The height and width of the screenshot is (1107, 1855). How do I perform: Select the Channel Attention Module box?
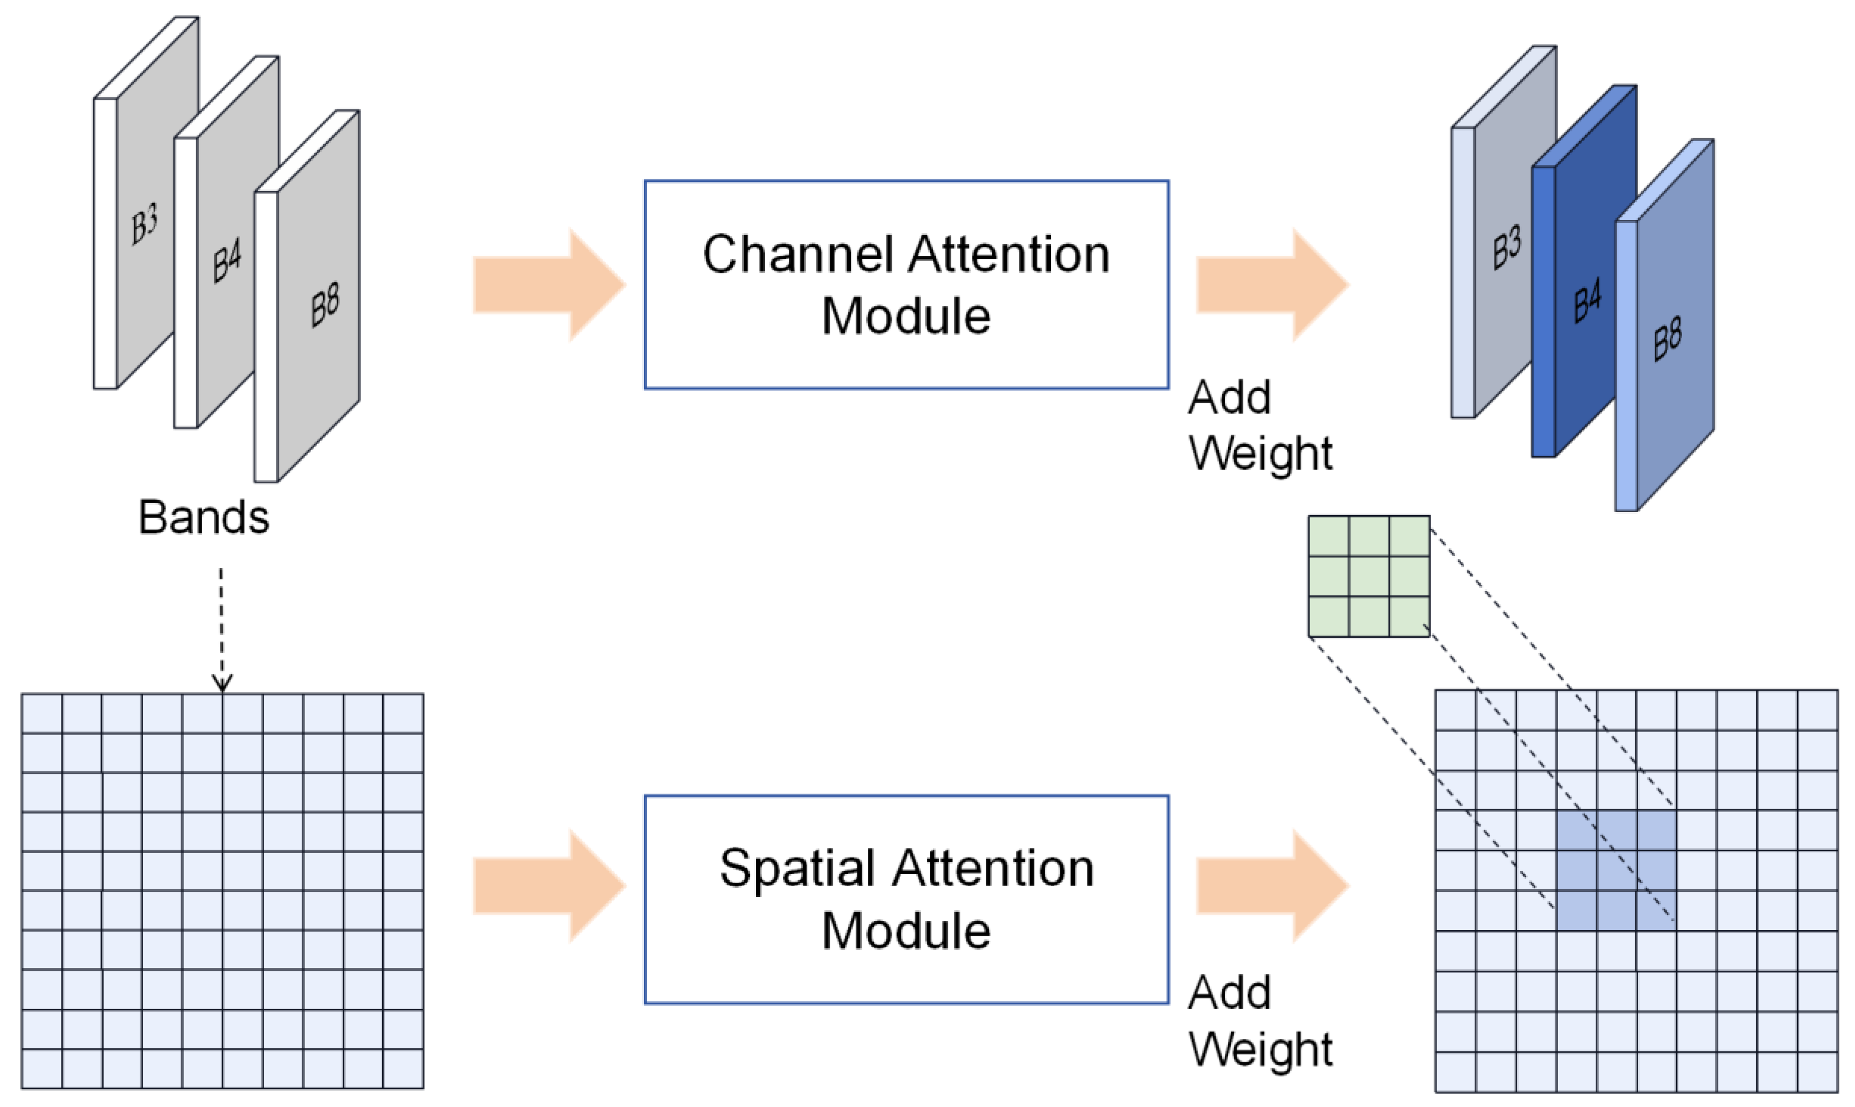pyautogui.click(x=906, y=284)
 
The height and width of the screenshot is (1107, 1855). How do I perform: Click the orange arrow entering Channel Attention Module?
pyautogui.click(x=548, y=285)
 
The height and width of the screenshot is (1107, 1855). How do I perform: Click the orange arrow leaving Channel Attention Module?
pyautogui.click(x=1272, y=285)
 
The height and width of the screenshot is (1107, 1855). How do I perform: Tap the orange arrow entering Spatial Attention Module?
pyautogui.click(x=548, y=886)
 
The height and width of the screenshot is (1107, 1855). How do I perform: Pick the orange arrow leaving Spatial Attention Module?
pyautogui.click(x=1272, y=886)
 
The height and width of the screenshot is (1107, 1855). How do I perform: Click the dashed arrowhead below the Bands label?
pyautogui.click(x=221, y=683)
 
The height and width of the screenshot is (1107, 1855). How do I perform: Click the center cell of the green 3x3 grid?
pyautogui.click(x=1369, y=576)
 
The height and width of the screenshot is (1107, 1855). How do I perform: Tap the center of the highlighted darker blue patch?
pyautogui.click(x=1617, y=871)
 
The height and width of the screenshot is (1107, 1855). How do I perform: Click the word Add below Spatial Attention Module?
pyautogui.click(x=1229, y=993)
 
